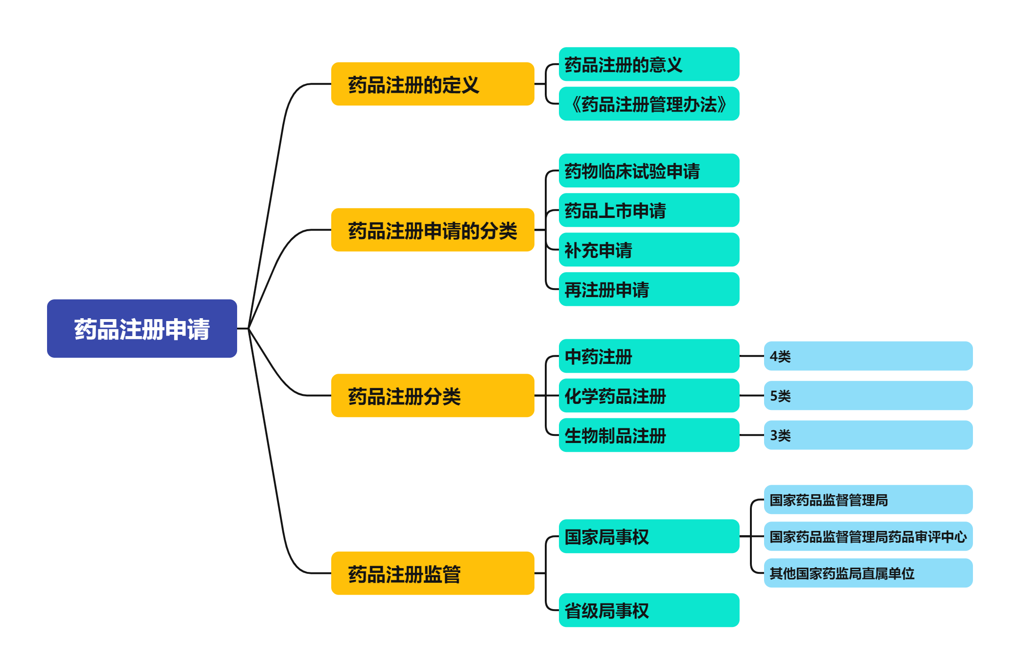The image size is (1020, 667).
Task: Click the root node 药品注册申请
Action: [142, 329]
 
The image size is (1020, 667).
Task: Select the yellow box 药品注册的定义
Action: [432, 84]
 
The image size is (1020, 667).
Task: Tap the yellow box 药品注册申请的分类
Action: [432, 230]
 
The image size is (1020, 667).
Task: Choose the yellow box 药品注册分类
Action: [432, 396]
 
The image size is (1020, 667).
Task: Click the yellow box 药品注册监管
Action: [432, 573]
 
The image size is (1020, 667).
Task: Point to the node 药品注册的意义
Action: [649, 64]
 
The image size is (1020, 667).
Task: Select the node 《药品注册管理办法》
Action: [649, 104]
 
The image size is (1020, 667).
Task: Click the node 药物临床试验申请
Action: [649, 171]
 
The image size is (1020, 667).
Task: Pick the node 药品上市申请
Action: [649, 210]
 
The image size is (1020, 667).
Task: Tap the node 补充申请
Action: [649, 250]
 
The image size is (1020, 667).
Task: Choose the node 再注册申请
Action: [649, 289]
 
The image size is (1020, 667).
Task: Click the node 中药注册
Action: [649, 356]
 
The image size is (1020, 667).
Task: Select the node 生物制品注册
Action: [649, 435]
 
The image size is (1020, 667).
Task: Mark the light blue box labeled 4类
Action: [868, 356]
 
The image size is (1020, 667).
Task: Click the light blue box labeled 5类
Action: [868, 396]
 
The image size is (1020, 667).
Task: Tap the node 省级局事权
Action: [649, 611]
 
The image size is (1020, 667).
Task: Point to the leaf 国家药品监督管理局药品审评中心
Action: [868, 537]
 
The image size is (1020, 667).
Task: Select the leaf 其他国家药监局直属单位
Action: [868, 573]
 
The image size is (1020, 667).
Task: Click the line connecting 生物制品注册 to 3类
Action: [751, 435]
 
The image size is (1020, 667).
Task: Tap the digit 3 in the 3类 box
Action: [773, 436]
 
